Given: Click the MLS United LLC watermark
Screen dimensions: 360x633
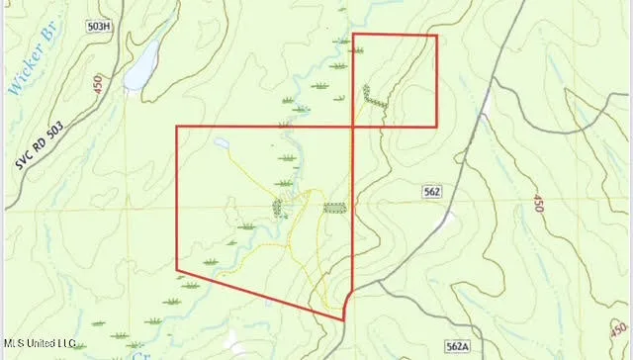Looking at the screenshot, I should pyautogui.click(x=40, y=343).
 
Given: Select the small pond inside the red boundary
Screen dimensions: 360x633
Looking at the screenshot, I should pyautogui.click(x=219, y=144).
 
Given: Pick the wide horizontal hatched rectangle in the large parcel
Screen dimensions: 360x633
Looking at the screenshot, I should pyautogui.click(x=335, y=209).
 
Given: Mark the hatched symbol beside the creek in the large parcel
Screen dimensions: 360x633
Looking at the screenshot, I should pyautogui.click(x=278, y=208).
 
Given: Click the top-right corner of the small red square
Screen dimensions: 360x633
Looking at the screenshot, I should pyautogui.click(x=436, y=36).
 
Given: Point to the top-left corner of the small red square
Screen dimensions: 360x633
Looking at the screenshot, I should pyautogui.click(x=353, y=36).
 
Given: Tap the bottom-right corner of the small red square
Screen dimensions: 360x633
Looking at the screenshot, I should pyautogui.click(x=436, y=127).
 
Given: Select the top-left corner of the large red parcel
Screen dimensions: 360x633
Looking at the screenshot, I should pyautogui.click(x=176, y=127).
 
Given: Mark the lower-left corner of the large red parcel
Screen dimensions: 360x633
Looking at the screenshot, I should pyautogui.click(x=176, y=270).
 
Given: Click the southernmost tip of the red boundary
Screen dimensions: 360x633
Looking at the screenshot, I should pyautogui.click(x=343, y=319).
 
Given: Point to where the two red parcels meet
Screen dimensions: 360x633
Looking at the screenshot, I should pyautogui.click(x=353, y=127).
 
